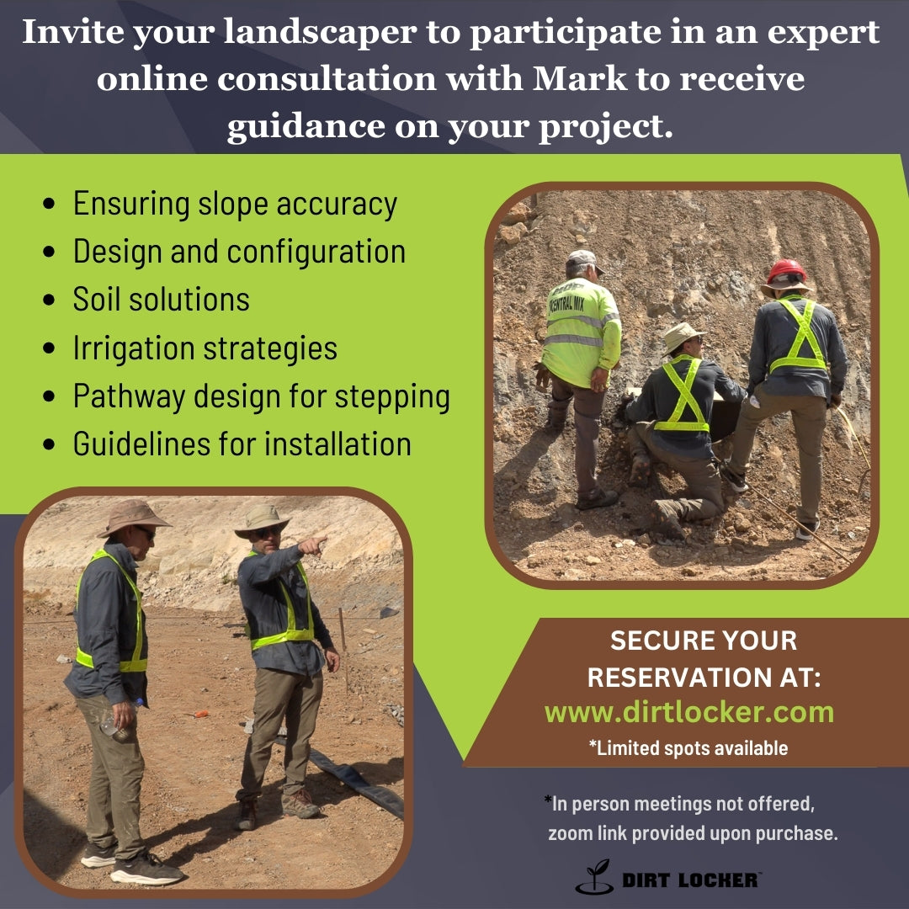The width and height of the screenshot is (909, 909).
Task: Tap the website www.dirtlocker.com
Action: point(688,712)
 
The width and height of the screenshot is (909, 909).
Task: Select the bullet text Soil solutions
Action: point(161,300)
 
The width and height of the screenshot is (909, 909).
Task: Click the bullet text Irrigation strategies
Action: point(205,348)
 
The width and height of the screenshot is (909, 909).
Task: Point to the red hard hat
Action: point(786,272)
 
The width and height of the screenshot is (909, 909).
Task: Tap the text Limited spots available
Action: point(688,747)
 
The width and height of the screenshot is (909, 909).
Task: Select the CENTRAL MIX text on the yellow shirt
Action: point(566,303)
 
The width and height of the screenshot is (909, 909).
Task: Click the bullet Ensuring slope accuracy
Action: point(234,204)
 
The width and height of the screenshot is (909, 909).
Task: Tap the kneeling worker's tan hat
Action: point(682,335)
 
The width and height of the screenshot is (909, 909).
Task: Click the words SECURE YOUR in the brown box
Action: point(703,641)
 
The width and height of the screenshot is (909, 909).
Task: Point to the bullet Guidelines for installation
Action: point(242,444)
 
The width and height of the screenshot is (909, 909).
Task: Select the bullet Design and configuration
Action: point(239,252)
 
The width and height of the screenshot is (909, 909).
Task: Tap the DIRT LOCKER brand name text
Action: point(690,880)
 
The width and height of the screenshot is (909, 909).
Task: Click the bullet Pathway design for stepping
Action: point(261,396)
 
